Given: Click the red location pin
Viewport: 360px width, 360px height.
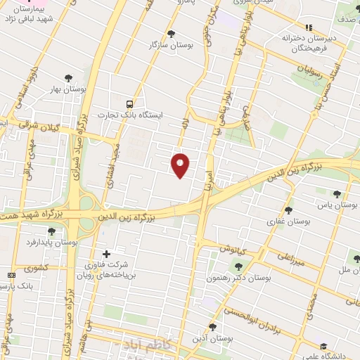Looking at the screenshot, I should pos(181,165).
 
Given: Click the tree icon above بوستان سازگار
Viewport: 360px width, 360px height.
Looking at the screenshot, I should pos(172,33).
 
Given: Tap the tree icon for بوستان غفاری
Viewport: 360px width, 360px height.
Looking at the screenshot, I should pos(288,210).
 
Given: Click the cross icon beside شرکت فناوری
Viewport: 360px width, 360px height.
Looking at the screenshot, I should pos(106,254).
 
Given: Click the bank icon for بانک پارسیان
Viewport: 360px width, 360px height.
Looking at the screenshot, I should pos(11,275).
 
